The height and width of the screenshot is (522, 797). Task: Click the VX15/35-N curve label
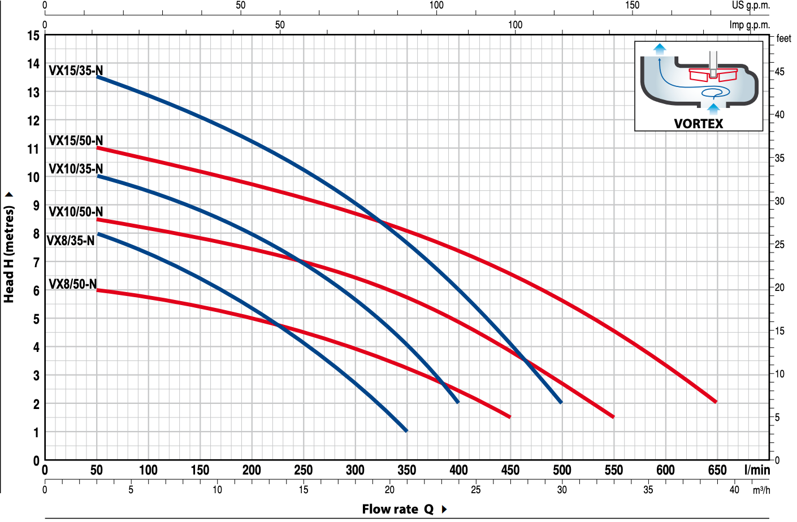(76, 71)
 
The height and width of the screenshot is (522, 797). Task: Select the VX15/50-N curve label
(76, 141)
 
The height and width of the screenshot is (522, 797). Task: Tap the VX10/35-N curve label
(76, 169)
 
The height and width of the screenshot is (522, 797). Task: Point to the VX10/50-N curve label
(76, 212)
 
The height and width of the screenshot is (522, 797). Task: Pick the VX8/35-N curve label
(71, 241)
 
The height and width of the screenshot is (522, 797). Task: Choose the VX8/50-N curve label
(72, 284)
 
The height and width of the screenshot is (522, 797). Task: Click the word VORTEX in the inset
(698, 124)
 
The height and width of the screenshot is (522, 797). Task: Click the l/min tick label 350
(406, 470)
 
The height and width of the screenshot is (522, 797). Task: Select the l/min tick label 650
(717, 470)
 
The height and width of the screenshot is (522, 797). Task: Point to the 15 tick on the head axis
(33, 36)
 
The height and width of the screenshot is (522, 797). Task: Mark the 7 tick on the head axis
(36, 263)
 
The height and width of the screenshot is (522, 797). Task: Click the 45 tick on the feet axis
(779, 72)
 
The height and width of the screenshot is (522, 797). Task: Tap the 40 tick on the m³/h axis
(734, 490)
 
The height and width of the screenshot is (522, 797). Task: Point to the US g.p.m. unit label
(751, 6)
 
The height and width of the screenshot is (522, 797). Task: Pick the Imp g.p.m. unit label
(750, 25)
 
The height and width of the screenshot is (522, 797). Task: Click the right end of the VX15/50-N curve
(716, 401)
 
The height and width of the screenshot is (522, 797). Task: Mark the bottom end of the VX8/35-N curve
(406, 430)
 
